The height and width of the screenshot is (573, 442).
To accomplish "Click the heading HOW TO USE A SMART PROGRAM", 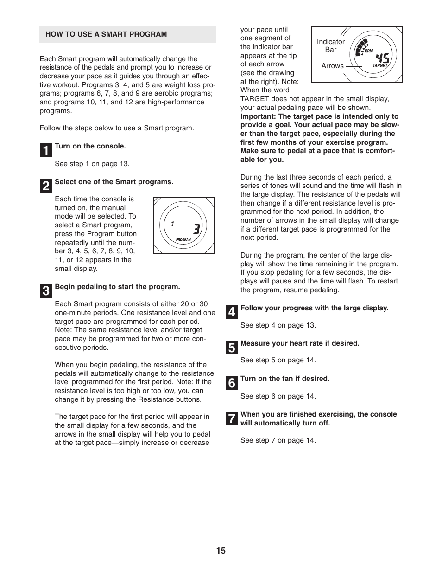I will coord(106,34).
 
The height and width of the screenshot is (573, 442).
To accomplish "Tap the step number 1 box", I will coord(46,150).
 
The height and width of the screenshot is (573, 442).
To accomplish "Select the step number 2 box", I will coord(46,186).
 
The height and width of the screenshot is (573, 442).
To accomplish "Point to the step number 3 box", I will coord(46,291).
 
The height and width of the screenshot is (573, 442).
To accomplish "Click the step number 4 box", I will coord(232,312).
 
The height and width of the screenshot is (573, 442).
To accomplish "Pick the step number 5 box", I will coord(232,348).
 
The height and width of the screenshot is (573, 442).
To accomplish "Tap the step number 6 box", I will coord(232,383).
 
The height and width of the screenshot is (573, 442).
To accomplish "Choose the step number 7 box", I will coord(232,418).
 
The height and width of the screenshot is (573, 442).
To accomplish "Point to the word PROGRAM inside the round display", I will coord(183,240).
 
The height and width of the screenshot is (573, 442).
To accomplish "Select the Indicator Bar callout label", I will coord(330,45).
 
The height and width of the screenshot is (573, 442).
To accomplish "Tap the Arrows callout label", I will coord(332,66).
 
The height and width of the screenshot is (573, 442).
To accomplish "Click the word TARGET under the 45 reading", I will coord(380,66).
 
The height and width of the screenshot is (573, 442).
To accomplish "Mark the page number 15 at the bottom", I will coord(221,551).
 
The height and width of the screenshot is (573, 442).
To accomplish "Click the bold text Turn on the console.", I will coord(90,146).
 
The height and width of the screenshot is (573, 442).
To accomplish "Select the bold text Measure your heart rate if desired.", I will coord(300,343).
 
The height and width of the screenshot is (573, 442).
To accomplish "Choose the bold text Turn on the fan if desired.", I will coord(285,379).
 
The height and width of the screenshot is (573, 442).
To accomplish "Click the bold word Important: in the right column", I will coord(258,116).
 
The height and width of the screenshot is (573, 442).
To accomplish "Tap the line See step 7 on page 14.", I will coord(278,440).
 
